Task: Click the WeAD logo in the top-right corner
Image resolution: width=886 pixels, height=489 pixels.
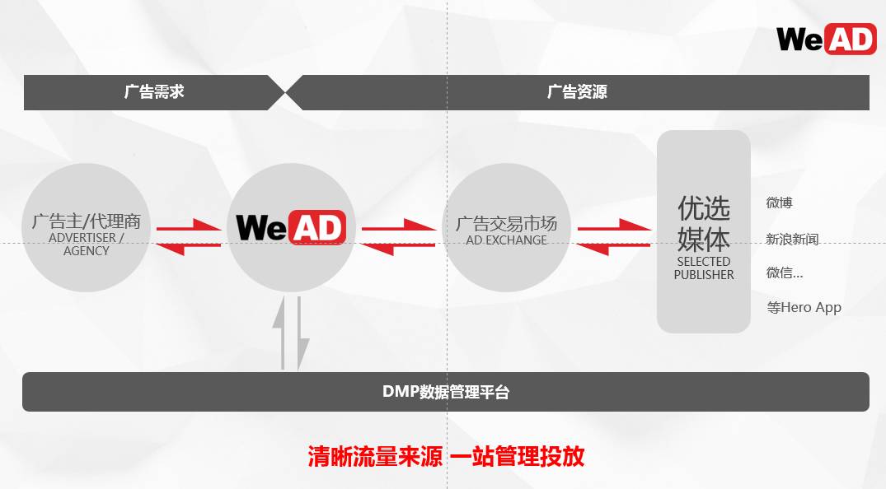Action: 825,38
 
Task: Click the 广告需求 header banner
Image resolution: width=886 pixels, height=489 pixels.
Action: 154,91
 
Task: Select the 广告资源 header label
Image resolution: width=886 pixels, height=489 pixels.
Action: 577,91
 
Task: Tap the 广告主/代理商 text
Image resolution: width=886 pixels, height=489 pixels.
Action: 87,221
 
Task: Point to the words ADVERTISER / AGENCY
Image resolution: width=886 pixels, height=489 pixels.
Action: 87,244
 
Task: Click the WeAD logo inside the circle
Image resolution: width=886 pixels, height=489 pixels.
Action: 290,227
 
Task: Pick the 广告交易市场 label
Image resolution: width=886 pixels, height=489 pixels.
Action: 506,223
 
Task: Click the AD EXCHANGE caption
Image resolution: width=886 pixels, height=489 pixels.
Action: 506,240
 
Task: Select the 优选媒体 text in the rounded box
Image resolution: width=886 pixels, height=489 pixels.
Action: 704,222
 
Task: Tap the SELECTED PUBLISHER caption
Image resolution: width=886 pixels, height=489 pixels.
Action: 704,268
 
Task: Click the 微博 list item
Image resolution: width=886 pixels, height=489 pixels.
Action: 779,203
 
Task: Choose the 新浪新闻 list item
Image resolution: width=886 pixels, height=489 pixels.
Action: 792,240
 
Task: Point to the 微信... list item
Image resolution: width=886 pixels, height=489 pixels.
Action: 784,272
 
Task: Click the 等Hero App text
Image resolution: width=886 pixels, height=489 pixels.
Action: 804,307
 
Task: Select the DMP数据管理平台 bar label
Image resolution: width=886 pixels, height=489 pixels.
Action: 446,391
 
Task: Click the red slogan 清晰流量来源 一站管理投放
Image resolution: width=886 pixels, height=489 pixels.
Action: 446,456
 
